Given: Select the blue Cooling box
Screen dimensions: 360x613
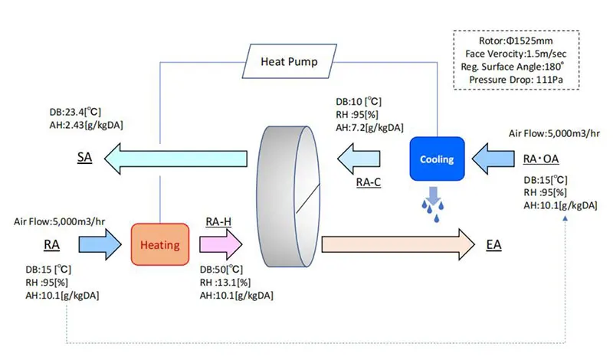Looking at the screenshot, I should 437,159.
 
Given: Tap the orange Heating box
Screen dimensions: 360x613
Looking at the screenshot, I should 160,246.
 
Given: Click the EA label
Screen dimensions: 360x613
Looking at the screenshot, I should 495,246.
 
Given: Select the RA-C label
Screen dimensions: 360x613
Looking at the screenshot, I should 369,183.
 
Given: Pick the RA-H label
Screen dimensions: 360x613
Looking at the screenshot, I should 219,221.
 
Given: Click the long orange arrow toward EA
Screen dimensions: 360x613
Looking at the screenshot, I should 398,245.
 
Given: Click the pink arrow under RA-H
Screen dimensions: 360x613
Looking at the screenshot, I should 221,245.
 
